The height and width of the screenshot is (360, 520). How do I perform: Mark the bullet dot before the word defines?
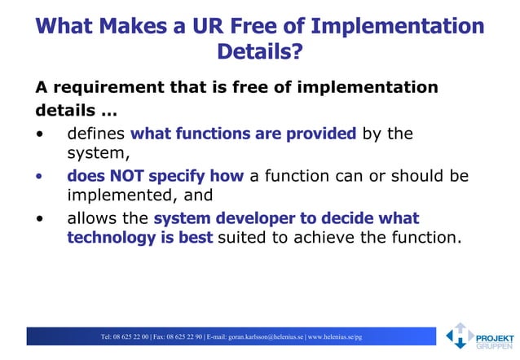[39, 134]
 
